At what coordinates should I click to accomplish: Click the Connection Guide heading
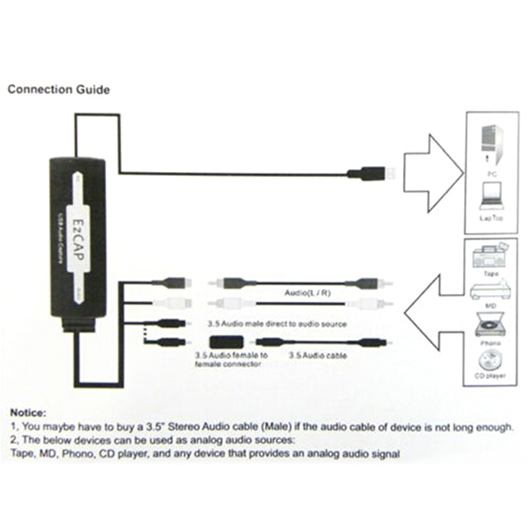pyautogui.click(x=58, y=90)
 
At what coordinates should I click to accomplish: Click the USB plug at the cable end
pyautogui.click(x=372, y=174)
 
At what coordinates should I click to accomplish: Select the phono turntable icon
pyautogui.click(x=492, y=325)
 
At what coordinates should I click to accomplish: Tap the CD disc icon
pyautogui.click(x=492, y=361)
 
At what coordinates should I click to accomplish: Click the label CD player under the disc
pyautogui.click(x=492, y=376)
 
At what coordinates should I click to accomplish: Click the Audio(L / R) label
pyautogui.click(x=301, y=293)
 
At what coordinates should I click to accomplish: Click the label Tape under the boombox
pyautogui.click(x=492, y=273)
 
